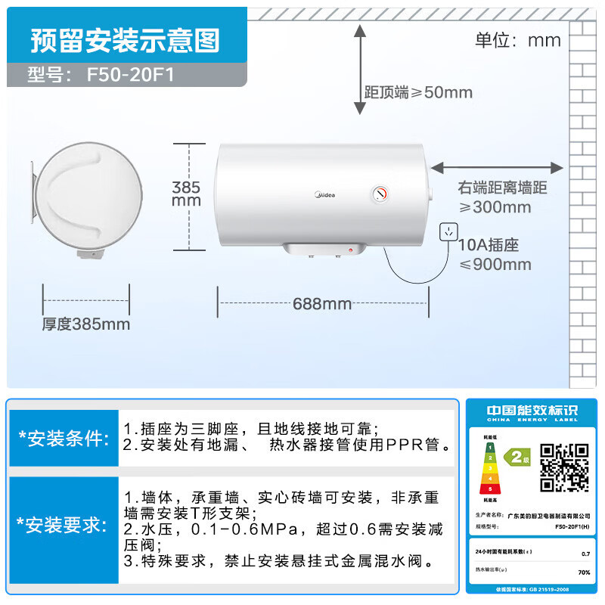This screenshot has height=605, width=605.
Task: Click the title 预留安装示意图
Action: (125, 41)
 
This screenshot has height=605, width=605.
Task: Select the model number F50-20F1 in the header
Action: (136, 76)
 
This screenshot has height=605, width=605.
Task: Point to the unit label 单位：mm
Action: (517, 40)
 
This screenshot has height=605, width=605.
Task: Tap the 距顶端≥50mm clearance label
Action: (418, 92)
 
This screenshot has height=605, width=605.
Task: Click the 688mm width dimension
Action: (322, 304)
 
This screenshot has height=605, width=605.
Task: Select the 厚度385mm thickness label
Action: (86, 324)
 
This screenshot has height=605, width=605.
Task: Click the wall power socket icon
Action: (450, 231)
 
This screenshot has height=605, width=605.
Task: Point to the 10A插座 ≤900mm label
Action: (495, 255)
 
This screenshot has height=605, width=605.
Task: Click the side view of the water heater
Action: (86, 198)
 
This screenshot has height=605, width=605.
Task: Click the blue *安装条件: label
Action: (64, 439)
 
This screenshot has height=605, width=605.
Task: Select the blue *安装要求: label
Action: (64, 525)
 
